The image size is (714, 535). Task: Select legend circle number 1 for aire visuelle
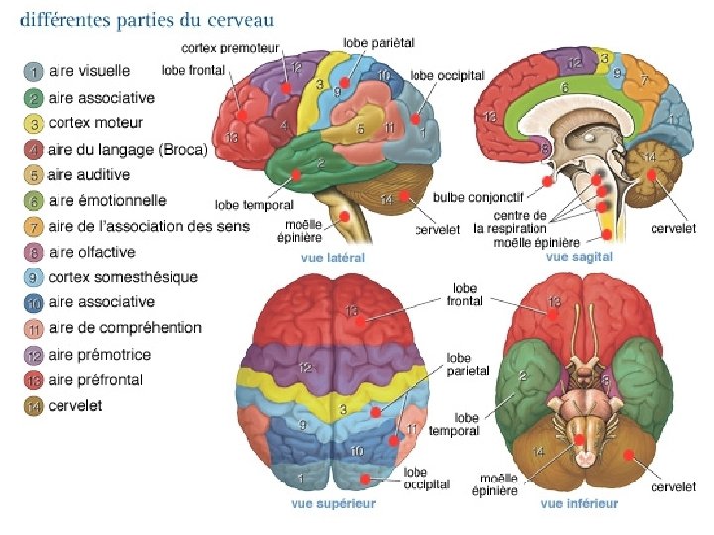[34, 71]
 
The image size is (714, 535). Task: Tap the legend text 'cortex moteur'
[95, 123]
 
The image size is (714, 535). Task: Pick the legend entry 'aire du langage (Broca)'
[127, 150]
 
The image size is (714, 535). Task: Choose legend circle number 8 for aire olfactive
[34, 252]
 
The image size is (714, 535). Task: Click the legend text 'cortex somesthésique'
[122, 277]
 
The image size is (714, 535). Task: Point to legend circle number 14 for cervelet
[34, 405]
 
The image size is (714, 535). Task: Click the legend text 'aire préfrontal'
[95, 379]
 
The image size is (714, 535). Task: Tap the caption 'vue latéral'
[332, 258]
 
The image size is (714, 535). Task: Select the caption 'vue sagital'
[579, 256]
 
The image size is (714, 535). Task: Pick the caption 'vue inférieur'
[579, 504]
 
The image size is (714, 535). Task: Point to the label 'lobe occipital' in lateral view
[447, 75]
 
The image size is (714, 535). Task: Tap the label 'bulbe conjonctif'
[470, 198]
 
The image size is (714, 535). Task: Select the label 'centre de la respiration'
[510, 221]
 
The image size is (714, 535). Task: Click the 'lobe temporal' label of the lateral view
[254, 205]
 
